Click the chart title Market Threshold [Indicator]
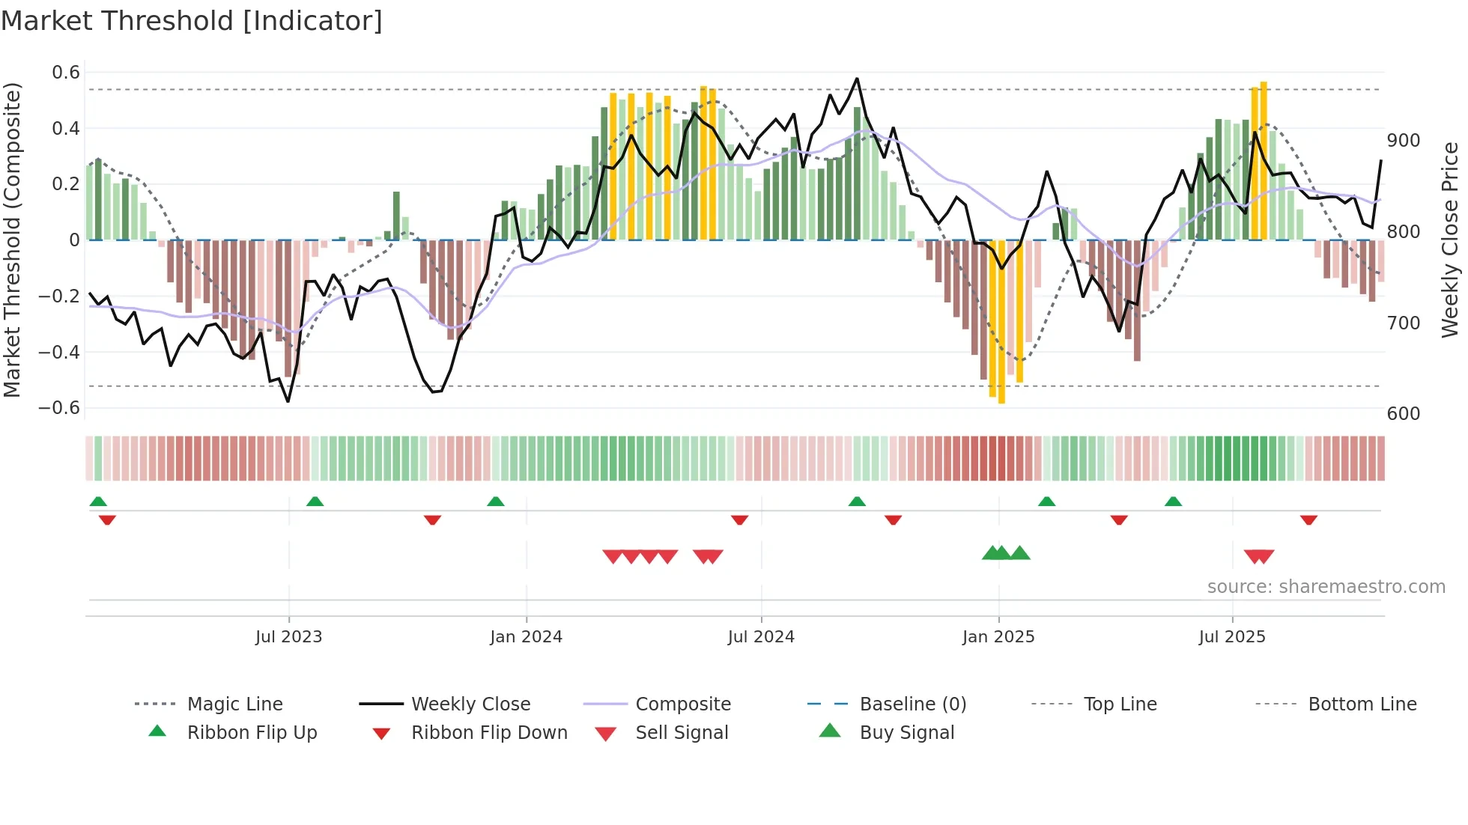click(x=192, y=21)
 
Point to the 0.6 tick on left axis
click(x=66, y=73)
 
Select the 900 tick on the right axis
click(x=1403, y=141)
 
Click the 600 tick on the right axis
click(x=1403, y=414)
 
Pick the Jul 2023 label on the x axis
click(x=288, y=637)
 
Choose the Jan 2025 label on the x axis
click(x=998, y=637)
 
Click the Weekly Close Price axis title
click(x=1450, y=240)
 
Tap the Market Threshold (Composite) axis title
click(x=12, y=240)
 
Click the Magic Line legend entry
click(x=234, y=704)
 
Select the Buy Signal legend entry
click(x=906, y=733)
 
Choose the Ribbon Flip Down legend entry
click(x=488, y=733)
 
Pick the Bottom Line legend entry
click(x=1362, y=704)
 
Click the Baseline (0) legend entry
click(x=912, y=704)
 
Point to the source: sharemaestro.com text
click(x=1326, y=587)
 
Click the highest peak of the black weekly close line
click(x=857, y=79)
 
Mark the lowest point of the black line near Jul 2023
click(x=288, y=401)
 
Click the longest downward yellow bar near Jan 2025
click(x=1001, y=322)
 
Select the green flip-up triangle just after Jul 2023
click(x=315, y=502)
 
